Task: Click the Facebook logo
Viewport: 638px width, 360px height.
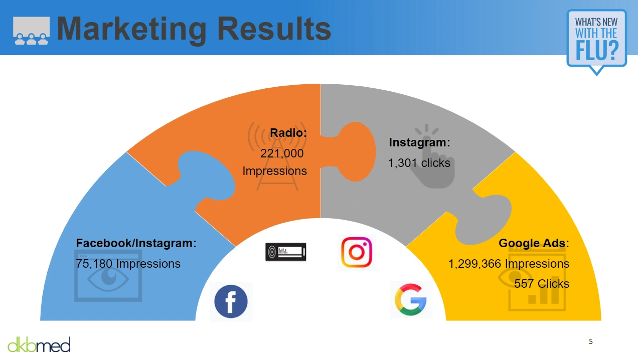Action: coord(231,301)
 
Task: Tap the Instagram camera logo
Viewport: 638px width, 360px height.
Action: coord(357,252)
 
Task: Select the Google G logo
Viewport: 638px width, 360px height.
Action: coord(411,299)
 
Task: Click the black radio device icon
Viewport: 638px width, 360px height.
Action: coord(286,252)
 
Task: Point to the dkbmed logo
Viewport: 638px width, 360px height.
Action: coord(39,344)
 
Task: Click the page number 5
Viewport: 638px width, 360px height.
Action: coord(591,341)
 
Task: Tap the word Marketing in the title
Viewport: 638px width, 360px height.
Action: coord(132,29)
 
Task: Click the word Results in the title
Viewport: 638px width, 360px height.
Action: coord(274,29)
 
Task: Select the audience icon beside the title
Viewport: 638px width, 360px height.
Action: coord(31,31)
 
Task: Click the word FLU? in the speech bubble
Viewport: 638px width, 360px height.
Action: coord(597,50)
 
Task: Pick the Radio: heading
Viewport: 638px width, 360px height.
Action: coord(288,133)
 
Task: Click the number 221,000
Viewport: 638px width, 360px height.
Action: coord(282,153)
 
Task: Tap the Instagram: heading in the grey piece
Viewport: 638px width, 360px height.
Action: coord(419,142)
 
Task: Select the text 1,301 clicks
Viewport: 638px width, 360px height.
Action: coord(419,163)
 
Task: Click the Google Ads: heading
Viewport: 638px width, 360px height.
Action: coord(534,243)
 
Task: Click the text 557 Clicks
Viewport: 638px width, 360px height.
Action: coord(542,284)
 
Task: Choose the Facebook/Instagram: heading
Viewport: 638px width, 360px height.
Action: coord(136,243)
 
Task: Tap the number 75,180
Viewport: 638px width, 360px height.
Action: coord(94,264)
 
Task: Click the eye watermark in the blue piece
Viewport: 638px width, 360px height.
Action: coord(108,277)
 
